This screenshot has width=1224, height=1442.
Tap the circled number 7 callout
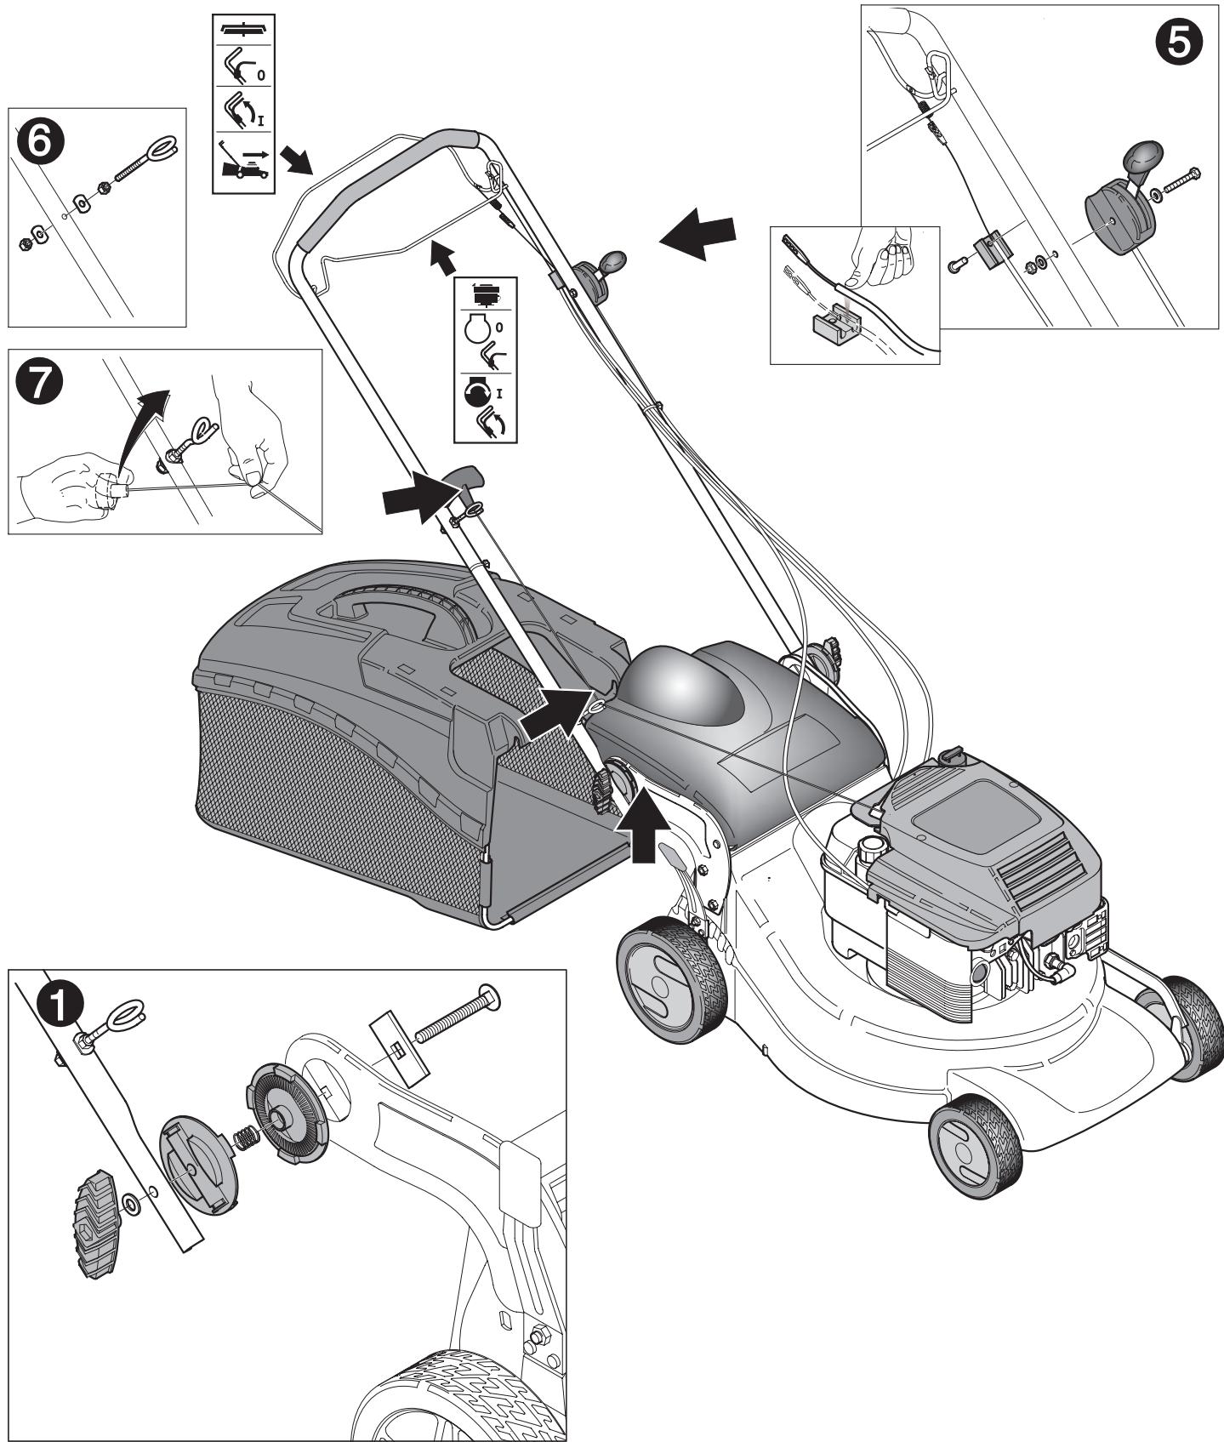pos(39,385)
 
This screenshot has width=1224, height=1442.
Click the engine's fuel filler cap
pos(870,848)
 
